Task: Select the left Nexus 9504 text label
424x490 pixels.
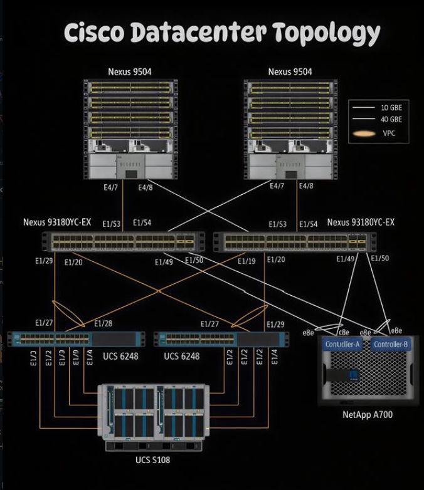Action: [129, 72]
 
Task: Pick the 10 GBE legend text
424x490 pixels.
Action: [392, 107]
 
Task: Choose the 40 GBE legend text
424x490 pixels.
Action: [392, 119]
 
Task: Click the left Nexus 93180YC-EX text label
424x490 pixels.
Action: [57, 222]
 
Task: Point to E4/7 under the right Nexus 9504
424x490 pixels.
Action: [277, 187]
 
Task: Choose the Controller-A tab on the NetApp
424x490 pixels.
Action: [342, 345]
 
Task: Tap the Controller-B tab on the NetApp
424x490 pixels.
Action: [391, 345]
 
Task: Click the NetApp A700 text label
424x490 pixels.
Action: [368, 415]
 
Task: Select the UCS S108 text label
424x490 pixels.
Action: [152, 461]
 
